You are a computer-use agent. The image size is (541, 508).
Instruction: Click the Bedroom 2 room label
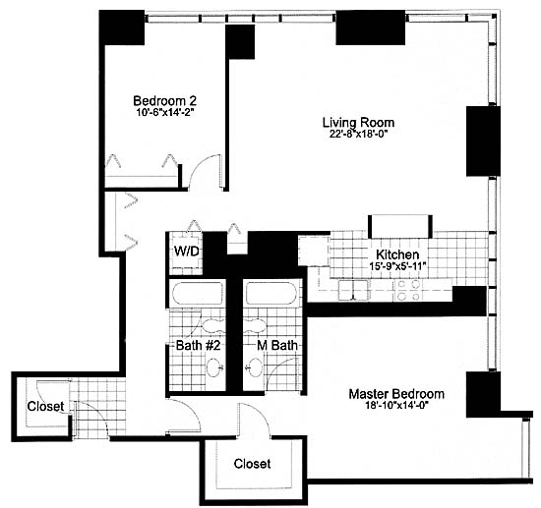click(x=165, y=101)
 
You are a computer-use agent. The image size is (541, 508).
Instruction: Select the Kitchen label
click(x=397, y=254)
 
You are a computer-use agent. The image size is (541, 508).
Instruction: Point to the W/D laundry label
click(x=186, y=252)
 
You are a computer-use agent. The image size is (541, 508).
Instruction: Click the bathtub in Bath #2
click(x=198, y=293)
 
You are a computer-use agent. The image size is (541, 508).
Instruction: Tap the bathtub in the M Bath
click(x=271, y=293)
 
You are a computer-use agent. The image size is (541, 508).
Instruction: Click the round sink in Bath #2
click(x=213, y=367)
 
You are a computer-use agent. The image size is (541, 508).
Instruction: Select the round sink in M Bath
click(x=255, y=367)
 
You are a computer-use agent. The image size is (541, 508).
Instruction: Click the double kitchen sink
click(x=353, y=290)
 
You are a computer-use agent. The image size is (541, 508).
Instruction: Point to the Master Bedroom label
click(x=396, y=394)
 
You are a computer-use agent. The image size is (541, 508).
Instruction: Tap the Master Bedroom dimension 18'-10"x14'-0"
click(x=396, y=405)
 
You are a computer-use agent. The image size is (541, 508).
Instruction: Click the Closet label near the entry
click(x=45, y=407)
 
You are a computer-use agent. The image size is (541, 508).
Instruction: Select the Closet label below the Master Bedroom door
click(x=252, y=464)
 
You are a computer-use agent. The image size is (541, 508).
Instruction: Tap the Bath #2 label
click(x=198, y=345)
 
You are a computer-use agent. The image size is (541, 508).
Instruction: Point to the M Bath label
click(x=277, y=345)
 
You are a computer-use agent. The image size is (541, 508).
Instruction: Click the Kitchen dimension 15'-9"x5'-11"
click(x=397, y=266)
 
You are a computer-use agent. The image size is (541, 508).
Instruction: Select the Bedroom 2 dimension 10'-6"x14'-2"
click(x=164, y=112)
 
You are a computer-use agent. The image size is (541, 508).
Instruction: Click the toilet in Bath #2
click(x=212, y=324)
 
